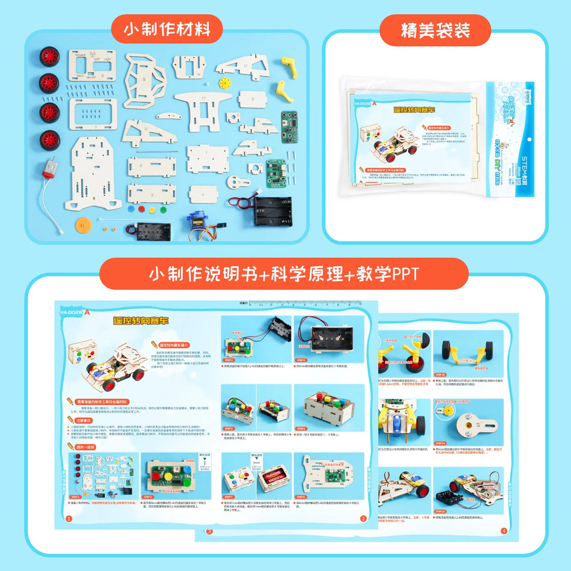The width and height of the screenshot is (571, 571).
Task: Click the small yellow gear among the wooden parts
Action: point(225,82)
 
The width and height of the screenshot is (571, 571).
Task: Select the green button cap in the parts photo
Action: point(162,210)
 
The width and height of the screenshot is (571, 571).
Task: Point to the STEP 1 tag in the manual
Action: point(76,497)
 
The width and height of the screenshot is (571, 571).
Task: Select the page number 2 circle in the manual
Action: point(363,518)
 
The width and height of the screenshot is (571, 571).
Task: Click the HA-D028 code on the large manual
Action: point(72,312)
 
